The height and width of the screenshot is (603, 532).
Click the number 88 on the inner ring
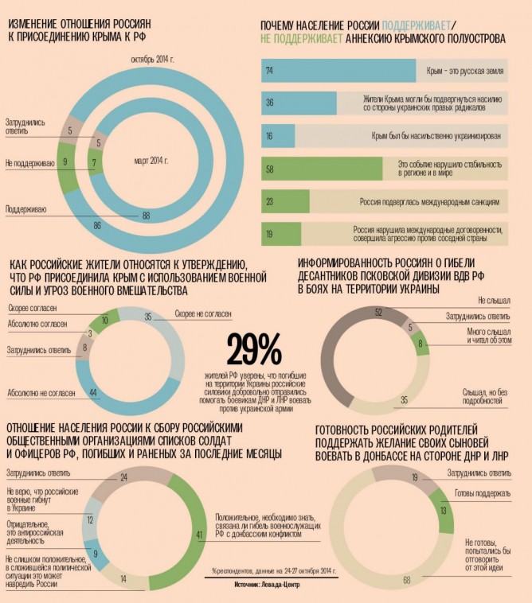(x=146, y=215)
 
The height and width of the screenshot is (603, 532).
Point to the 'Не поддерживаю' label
(x=29, y=163)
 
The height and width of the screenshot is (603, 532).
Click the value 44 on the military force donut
(x=93, y=391)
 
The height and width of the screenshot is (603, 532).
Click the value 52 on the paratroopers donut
(x=378, y=311)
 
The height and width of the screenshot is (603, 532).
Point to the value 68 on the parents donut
(x=406, y=580)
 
